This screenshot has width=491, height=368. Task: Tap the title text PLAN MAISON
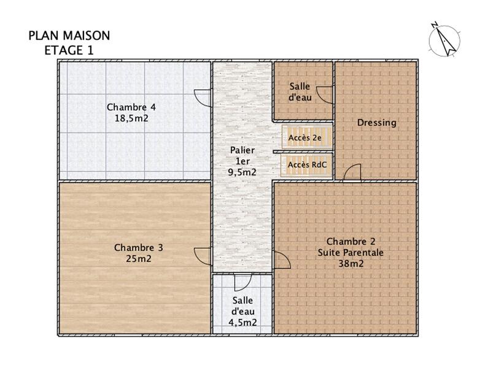click(69, 36)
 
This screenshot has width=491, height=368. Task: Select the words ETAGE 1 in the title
click(69, 50)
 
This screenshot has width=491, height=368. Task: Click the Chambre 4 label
click(131, 107)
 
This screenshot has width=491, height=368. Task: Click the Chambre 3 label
click(139, 248)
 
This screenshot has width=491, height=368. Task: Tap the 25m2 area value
click(139, 259)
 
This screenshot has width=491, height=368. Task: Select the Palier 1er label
click(242, 155)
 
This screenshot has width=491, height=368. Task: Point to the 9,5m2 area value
click(242, 172)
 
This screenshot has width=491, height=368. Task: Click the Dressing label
click(377, 123)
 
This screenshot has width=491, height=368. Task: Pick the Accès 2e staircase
click(306, 137)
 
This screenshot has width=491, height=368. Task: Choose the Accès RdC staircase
click(306, 165)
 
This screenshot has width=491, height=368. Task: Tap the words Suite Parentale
click(350, 252)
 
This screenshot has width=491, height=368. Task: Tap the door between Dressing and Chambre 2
click(352, 174)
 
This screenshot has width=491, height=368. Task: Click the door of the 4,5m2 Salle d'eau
click(242, 282)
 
